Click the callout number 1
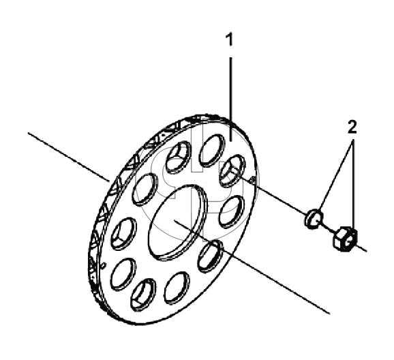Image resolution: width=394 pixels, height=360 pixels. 230,40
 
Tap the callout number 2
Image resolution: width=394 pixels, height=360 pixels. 352,127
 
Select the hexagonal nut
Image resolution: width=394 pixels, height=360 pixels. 345,239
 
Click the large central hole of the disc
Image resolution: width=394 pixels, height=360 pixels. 178,222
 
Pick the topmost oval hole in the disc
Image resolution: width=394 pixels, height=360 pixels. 212,150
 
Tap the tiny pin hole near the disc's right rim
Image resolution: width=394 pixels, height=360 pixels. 254,179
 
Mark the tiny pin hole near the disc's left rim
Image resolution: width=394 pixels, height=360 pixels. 104,265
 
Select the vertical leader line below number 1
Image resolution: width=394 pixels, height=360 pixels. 230,100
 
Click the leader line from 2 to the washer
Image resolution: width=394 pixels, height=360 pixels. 335,180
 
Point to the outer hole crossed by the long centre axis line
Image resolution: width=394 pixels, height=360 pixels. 211,256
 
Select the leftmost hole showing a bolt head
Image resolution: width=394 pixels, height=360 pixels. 123,234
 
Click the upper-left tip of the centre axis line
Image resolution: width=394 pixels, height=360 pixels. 28,132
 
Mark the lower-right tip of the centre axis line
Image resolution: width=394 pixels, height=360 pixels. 330,314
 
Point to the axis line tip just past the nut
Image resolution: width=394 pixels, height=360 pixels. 366,251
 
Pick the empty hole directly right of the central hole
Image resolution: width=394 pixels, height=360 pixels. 232,211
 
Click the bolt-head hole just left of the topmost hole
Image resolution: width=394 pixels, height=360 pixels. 178,157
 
